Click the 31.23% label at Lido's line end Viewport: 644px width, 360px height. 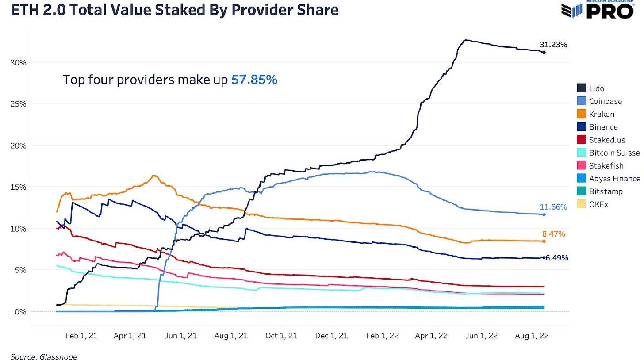(x=553, y=45)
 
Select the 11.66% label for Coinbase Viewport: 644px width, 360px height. (x=553, y=207)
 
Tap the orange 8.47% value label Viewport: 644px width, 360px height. (x=553, y=234)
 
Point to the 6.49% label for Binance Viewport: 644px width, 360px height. (x=557, y=258)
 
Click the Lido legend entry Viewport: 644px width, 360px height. (x=596, y=88)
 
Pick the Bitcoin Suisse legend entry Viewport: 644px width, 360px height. (x=614, y=153)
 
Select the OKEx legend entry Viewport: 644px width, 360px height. (x=598, y=204)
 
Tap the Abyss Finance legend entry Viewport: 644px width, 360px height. (x=614, y=179)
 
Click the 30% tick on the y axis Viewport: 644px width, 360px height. (x=18, y=63)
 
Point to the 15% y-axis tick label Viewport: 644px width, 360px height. (x=18, y=187)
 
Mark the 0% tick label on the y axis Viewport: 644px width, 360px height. (x=20, y=312)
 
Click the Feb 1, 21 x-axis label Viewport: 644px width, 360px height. (x=81, y=336)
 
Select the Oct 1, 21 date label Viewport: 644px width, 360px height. (x=281, y=336)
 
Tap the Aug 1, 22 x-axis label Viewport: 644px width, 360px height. (x=532, y=336)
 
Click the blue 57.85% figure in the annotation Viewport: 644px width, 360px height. (x=254, y=80)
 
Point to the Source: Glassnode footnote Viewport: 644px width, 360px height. (x=44, y=356)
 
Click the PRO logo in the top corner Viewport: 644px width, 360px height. (x=610, y=11)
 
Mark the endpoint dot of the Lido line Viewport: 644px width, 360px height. (x=544, y=52)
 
